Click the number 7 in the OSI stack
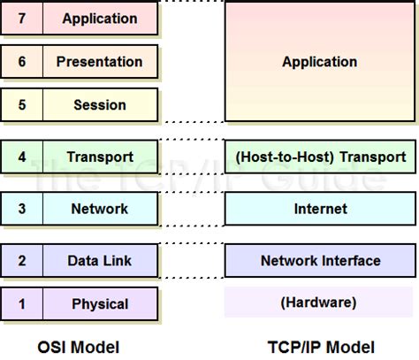pyautogui.click(x=21, y=18)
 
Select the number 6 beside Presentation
pyautogui.click(x=21, y=62)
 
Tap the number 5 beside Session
pyautogui.click(x=21, y=104)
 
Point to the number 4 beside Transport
pyautogui.click(x=21, y=157)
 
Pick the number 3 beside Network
pyautogui.click(x=21, y=209)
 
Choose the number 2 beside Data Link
pyautogui.click(x=21, y=260)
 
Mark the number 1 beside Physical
pyautogui.click(x=21, y=304)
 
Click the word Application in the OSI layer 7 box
pyautogui.click(x=99, y=18)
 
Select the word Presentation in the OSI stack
pyautogui.click(x=99, y=62)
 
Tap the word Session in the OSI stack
pyautogui.click(x=99, y=104)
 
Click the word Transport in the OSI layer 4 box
pyautogui.click(x=99, y=157)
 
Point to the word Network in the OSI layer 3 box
pyautogui.click(x=99, y=209)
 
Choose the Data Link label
pyautogui.click(x=99, y=260)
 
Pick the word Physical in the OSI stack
pyautogui.click(x=99, y=304)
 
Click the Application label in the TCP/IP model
pyautogui.click(x=319, y=62)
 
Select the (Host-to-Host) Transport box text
pyautogui.click(x=319, y=157)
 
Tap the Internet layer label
pyautogui.click(x=319, y=209)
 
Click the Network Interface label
pyautogui.click(x=319, y=260)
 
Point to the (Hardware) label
pyautogui.click(x=319, y=303)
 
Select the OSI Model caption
pyautogui.click(x=80, y=346)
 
